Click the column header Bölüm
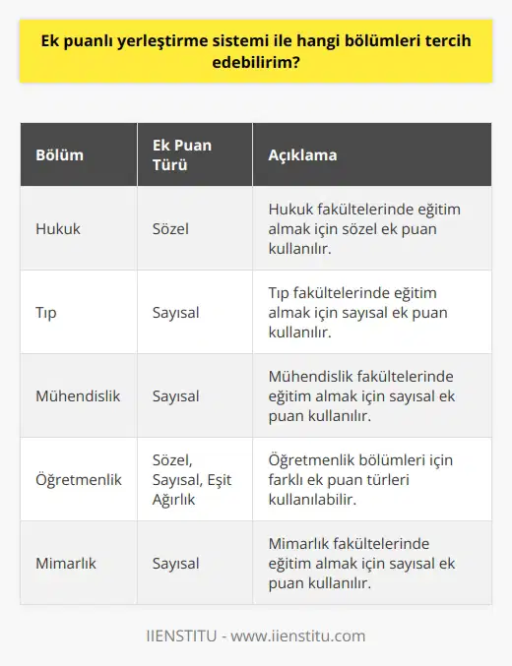point(59,155)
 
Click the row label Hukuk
point(58,228)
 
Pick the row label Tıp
point(47,312)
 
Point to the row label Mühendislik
point(78,395)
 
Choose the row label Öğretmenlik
point(78,479)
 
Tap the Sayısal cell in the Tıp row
point(176,312)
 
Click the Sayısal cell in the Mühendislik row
point(176,395)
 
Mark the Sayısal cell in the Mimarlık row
point(176,563)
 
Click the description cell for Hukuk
point(364,228)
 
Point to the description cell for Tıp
point(364,312)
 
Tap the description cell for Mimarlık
point(364,563)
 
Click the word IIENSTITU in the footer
point(185,636)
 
